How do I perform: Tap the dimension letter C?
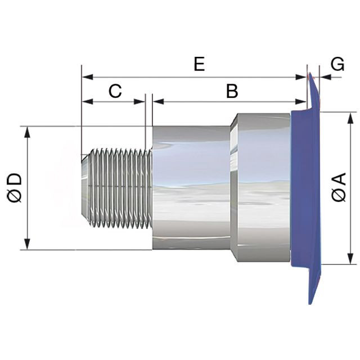[115, 91]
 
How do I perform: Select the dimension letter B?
[232, 91]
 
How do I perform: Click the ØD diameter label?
[15, 188]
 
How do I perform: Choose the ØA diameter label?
[339, 187]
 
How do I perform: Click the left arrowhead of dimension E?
[88, 77]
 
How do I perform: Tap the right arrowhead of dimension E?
[301, 77]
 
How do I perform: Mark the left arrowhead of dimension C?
[88, 101]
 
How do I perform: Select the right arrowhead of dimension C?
[139, 101]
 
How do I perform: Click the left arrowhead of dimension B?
[158, 101]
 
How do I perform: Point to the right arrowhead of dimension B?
[301, 101]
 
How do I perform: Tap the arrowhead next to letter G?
[325, 77]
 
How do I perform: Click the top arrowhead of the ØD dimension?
[28, 132]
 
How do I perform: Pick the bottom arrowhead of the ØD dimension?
[28, 244]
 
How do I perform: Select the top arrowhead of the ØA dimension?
[350, 118]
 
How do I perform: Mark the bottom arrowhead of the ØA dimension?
[350, 259]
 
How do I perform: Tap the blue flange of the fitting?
[307, 188]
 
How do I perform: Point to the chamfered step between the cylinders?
[234, 188]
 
